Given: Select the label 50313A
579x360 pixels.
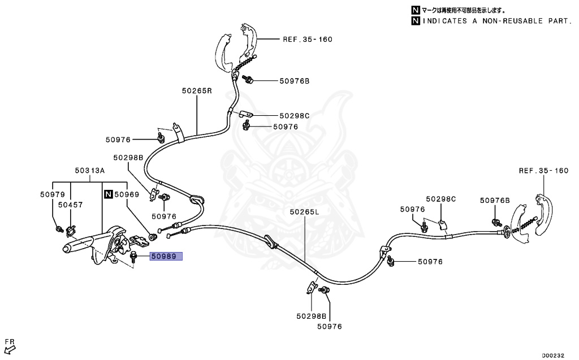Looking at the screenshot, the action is pyautogui.click(x=90, y=171).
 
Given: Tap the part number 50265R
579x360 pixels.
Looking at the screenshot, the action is pyautogui.click(x=197, y=90).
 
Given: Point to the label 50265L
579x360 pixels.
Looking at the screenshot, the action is pyautogui.click(x=304, y=212).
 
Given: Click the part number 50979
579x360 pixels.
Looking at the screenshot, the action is pyautogui.click(x=53, y=194).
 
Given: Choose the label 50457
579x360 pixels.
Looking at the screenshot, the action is pyautogui.click(x=71, y=205).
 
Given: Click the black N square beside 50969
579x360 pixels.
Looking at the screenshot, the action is pyautogui.click(x=108, y=194).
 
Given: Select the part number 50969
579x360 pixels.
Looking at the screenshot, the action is pyautogui.click(x=127, y=194).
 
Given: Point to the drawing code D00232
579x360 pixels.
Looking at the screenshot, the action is pyautogui.click(x=553, y=355).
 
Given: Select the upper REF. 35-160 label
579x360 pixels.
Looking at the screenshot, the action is pyautogui.click(x=308, y=40).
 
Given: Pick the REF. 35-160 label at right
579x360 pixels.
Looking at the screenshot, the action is pyautogui.click(x=543, y=171).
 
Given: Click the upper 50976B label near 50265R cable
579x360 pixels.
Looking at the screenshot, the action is pyautogui.click(x=294, y=81).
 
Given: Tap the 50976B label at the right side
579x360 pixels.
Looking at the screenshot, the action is pyautogui.click(x=495, y=201).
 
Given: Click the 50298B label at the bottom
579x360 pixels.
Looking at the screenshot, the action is pyautogui.click(x=312, y=316).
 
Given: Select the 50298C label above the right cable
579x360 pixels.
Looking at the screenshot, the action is pyautogui.click(x=441, y=199).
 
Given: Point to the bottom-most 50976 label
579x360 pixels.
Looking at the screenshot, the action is pyautogui.click(x=330, y=327).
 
